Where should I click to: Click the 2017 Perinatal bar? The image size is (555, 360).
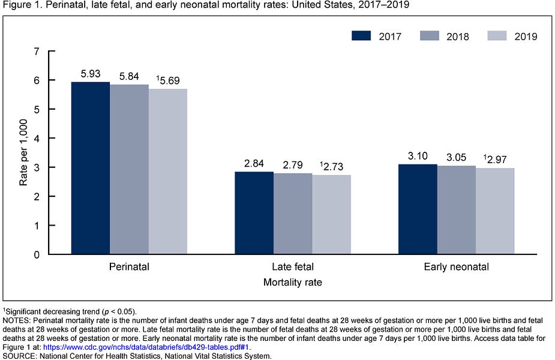pos(91,168)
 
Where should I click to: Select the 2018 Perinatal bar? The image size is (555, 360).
pos(129,169)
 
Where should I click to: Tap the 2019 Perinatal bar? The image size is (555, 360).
pos(167,172)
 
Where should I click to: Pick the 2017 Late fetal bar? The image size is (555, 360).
pos(254,213)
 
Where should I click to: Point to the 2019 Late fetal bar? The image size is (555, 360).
pos(331,215)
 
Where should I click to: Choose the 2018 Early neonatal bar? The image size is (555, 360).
pos(457,210)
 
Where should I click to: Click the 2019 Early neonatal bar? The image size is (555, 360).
pos(495,211)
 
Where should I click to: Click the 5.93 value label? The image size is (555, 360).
pos(91,74)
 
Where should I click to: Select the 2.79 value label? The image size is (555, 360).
pos(293,164)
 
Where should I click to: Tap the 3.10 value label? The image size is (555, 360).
pos(418,156)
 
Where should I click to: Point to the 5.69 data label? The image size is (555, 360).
pos(169,80)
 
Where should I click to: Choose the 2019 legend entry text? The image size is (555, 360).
pos(525,36)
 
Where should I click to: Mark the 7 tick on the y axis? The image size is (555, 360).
pos(37,52)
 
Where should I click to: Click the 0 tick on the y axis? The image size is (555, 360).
pos(37,254)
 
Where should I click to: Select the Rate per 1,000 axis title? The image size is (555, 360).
pos(23,153)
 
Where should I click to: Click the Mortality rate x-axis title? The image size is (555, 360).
pos(293,282)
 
